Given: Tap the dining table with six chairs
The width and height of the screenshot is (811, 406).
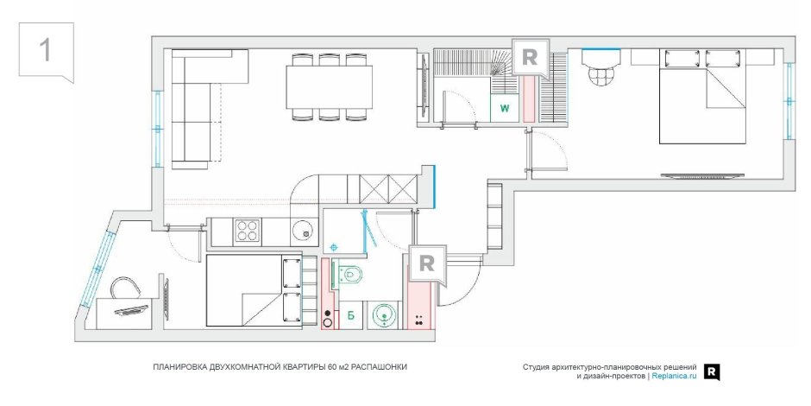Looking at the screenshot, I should click(330, 87).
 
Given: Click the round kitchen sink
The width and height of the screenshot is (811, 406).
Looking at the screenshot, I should click(303, 231).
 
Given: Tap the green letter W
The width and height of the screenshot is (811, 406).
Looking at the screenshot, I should click(504, 109).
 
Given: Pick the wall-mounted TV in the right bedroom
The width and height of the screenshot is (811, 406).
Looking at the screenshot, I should click(701, 175).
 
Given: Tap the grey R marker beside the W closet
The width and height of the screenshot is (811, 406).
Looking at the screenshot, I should click(530, 59).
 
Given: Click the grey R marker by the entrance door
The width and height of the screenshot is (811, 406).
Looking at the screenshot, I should click(426, 264).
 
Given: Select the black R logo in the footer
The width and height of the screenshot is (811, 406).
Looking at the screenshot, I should click(712, 371).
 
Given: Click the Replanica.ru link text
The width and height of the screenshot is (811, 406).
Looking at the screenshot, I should click(674, 377).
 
